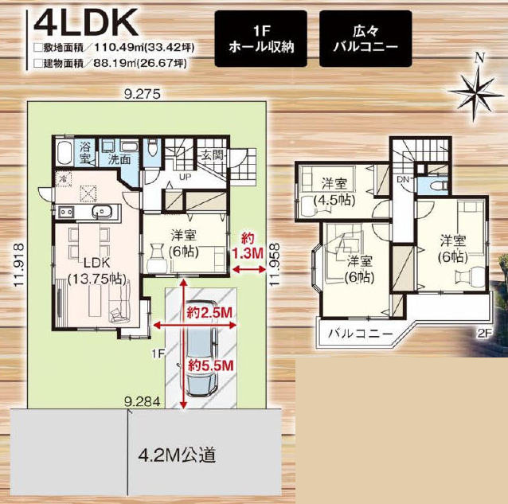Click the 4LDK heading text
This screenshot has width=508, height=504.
(x=86, y=23)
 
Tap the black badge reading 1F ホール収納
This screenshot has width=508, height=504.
(x=261, y=39)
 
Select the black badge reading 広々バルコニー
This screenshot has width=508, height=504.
(x=365, y=39)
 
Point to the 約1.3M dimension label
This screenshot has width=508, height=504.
(x=248, y=247)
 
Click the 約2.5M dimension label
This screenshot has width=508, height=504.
(x=209, y=313)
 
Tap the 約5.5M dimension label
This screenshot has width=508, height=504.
(x=210, y=366)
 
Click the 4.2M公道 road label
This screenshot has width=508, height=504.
(x=177, y=455)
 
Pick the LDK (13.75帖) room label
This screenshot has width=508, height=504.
(x=97, y=271)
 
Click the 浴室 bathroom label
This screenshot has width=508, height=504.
(x=85, y=154)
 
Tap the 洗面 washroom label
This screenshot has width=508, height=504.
(x=119, y=159)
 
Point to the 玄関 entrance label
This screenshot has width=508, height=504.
(x=213, y=155)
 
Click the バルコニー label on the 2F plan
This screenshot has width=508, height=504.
(x=361, y=334)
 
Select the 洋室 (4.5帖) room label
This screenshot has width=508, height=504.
(x=334, y=193)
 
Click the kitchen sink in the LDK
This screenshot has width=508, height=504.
(x=101, y=212)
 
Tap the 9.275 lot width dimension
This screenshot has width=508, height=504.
(x=143, y=94)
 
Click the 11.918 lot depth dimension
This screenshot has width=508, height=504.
(x=19, y=264)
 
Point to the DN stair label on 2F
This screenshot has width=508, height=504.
(x=403, y=179)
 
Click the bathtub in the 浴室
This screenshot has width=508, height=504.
(x=64, y=153)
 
